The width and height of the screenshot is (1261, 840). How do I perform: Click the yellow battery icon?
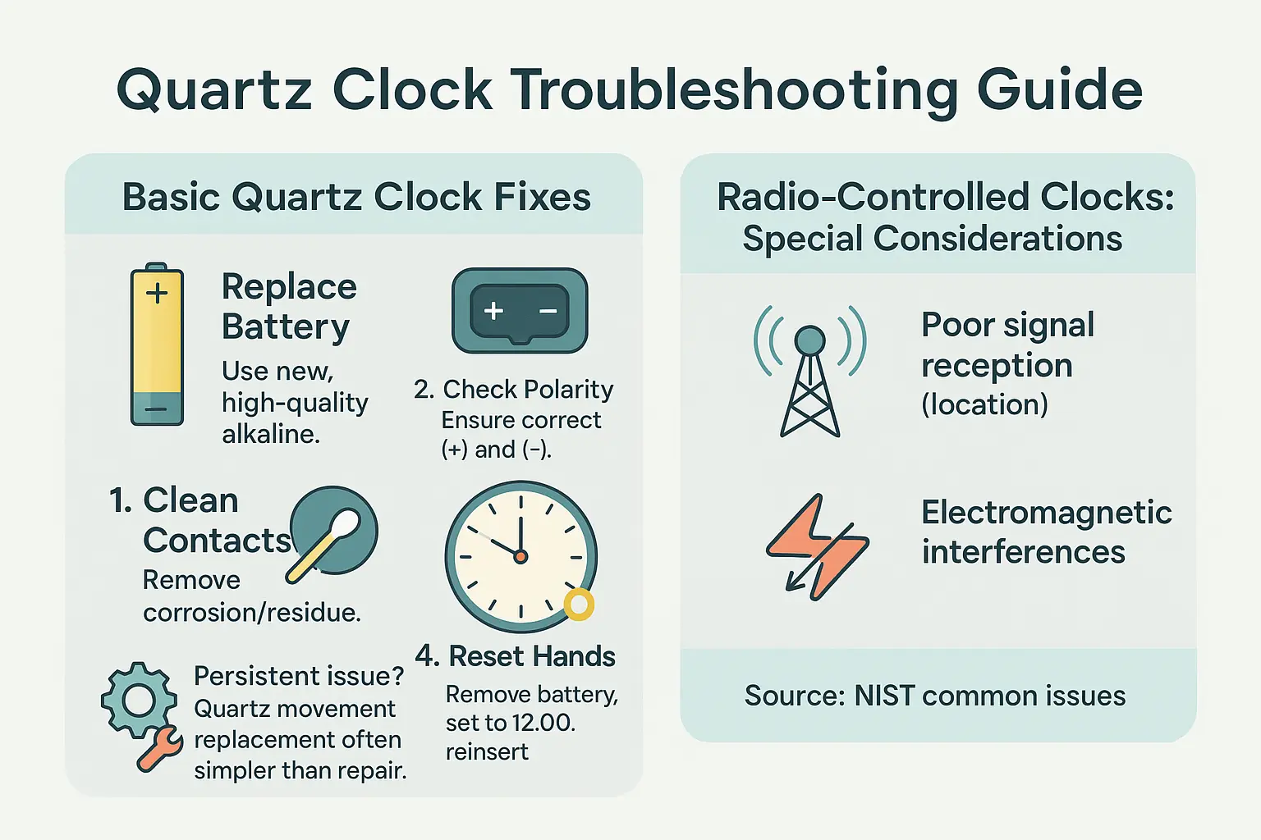coord(157,345)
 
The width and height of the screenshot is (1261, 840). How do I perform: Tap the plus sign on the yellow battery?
coord(157,293)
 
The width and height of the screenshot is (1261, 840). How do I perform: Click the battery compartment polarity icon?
coord(520,311)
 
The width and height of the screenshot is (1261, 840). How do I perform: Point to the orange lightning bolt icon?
coord(817,547)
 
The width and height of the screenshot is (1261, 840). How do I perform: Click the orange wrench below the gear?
coord(159,749)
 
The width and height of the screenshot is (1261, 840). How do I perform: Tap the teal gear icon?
coord(139,700)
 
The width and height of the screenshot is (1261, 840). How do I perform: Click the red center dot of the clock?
coord(520,556)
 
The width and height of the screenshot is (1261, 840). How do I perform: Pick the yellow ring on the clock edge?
coord(579,605)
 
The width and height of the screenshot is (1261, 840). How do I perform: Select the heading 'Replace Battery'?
coord(289,307)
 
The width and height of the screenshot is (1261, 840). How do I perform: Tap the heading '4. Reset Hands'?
coord(515,656)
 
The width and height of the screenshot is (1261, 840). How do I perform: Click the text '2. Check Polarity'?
coord(514,389)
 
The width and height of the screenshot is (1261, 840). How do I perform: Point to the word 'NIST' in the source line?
coord(884,696)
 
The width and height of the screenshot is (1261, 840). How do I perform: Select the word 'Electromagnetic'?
coord(1046,513)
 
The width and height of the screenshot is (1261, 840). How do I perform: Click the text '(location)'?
coord(984,404)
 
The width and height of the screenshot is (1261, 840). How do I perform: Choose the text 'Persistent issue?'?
coord(299,676)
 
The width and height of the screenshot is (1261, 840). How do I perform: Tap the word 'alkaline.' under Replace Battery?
coord(271,434)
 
